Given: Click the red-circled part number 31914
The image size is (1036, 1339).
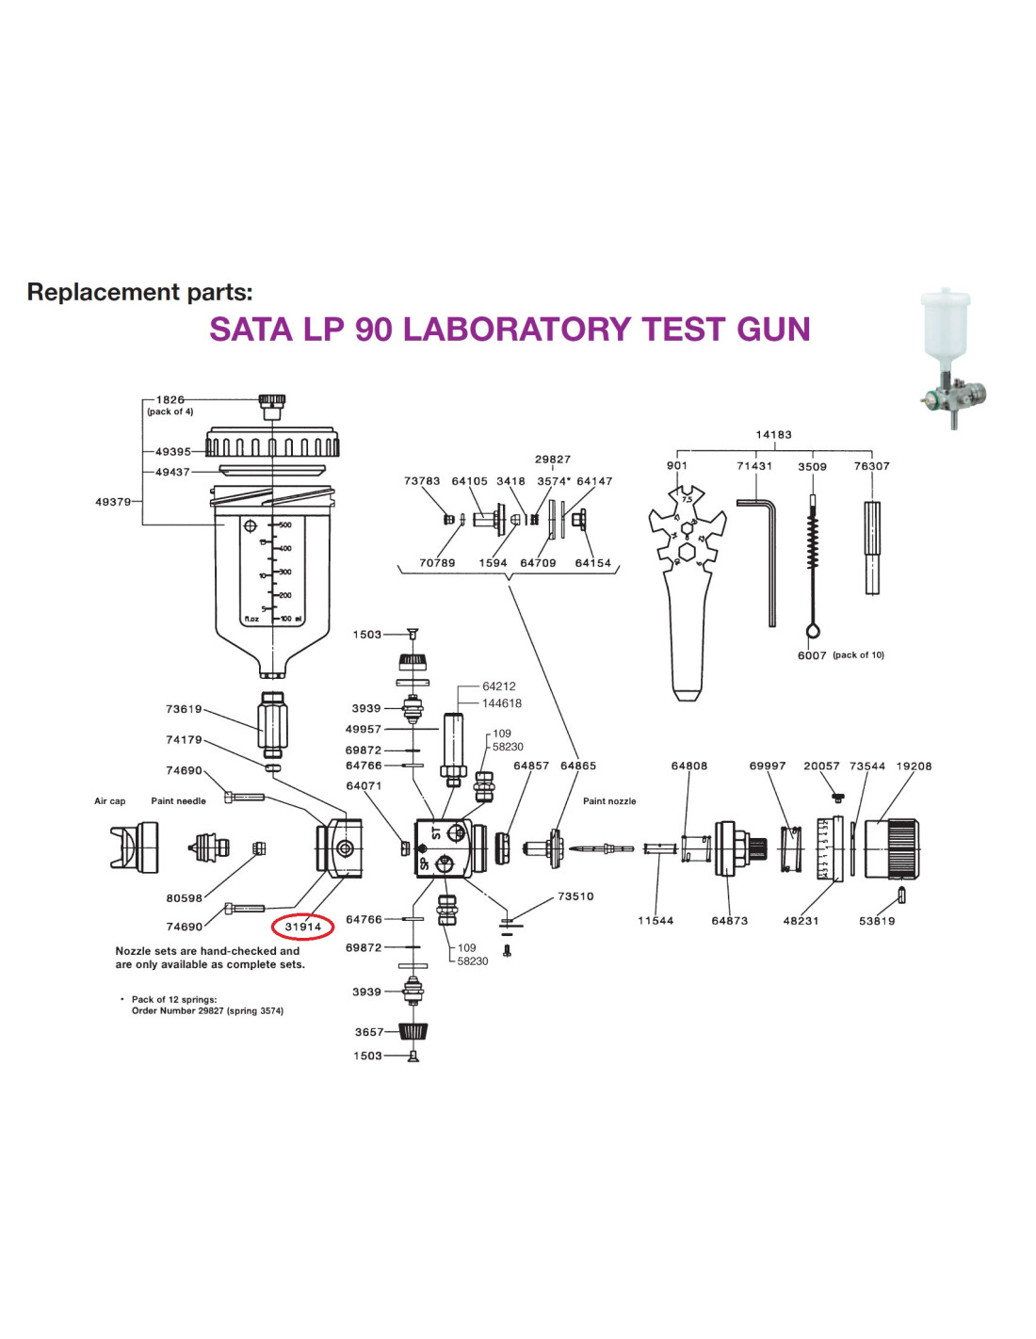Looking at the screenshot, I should point(303,927).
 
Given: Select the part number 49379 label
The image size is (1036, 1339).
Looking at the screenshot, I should point(113,502).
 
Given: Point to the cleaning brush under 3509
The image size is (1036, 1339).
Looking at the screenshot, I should point(812,565).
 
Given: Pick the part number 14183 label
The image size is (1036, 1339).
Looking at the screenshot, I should point(773,435).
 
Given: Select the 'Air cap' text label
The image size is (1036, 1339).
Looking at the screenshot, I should point(109,801).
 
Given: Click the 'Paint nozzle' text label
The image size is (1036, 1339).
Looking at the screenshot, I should point(609,801).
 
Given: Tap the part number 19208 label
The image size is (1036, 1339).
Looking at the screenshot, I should point(914,766).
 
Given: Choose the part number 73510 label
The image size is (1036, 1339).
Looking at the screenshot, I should point(575,896).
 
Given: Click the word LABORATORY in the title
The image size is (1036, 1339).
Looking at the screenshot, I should point(508,330).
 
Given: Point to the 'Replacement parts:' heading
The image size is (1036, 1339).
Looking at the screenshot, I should point(139,292).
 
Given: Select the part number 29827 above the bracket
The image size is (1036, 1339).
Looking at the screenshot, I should point(553,460).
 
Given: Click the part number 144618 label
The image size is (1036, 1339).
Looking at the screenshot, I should point(502,703).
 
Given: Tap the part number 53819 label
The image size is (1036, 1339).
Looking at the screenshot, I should point(877,921).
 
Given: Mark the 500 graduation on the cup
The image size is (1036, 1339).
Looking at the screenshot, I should point(284,524).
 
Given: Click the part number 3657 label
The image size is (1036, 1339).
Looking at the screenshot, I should point(369,1032).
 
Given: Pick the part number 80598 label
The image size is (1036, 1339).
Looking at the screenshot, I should point(184,898).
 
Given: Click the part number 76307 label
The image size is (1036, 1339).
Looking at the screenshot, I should point(871,466).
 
